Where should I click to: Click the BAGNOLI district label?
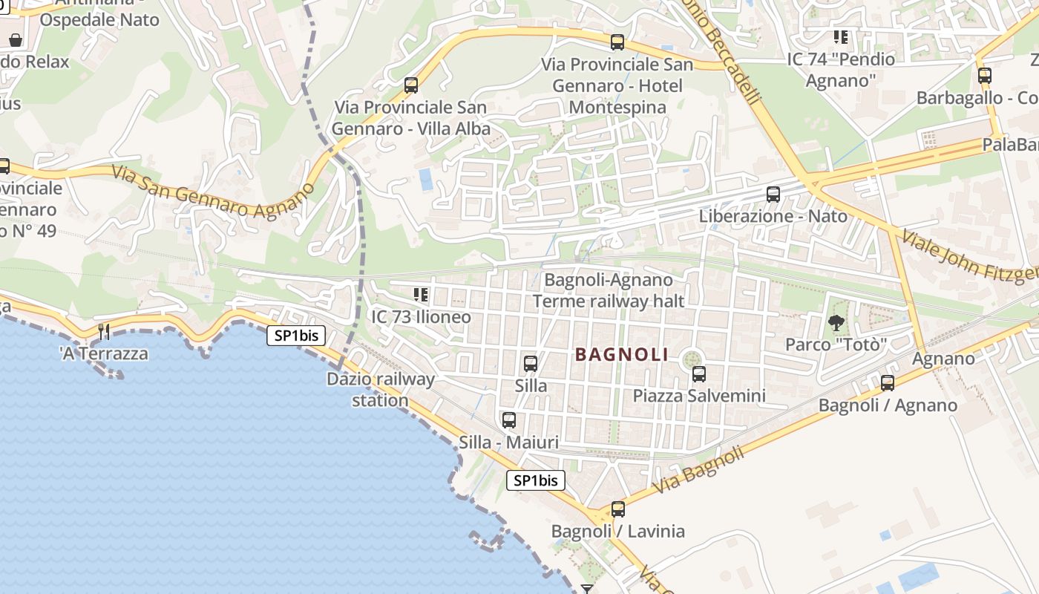click(622, 355)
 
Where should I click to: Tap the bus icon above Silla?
click(531, 364)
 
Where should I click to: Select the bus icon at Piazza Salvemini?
click(698, 373)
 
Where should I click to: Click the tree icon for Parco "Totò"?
click(836, 322)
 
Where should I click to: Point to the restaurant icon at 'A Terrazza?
click(104, 331)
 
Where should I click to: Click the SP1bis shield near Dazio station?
click(296, 336)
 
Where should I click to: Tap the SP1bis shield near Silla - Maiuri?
click(536, 480)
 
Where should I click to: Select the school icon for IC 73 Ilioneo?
click(421, 295)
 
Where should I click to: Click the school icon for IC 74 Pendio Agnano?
click(841, 36)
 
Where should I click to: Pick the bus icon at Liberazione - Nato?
click(773, 195)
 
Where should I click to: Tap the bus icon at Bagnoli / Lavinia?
click(618, 509)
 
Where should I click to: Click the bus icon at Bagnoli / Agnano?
click(888, 383)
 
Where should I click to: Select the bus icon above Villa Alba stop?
click(411, 85)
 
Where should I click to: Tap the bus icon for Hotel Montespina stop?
click(617, 42)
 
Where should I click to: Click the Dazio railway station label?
click(381, 390)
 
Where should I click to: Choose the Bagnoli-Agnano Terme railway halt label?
click(608, 290)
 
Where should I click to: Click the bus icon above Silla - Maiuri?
click(509, 420)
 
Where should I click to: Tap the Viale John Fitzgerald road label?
click(968, 256)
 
